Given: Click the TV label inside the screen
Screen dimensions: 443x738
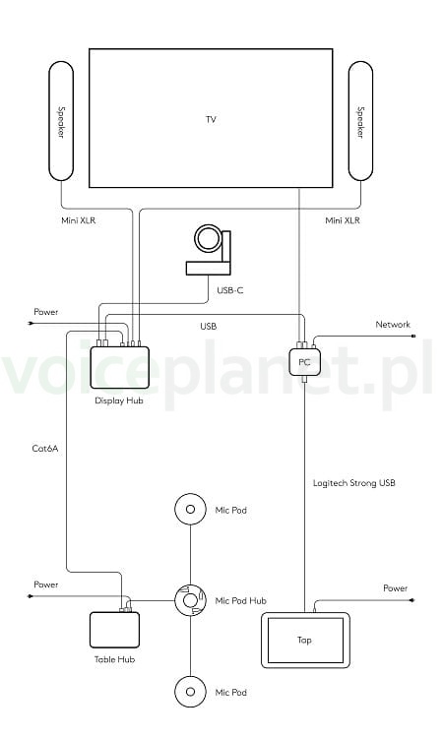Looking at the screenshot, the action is click(211, 119).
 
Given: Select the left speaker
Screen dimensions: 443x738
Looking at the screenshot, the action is click(61, 121).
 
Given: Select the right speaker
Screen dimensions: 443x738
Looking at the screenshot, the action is click(360, 121).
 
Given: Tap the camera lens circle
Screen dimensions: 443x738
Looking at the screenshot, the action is click(209, 239).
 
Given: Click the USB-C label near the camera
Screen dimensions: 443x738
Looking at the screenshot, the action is click(230, 290).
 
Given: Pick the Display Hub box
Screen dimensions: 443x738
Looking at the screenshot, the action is click(119, 368).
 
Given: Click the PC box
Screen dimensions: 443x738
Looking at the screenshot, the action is click(304, 361).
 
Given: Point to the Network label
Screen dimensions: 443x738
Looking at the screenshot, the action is click(393, 325).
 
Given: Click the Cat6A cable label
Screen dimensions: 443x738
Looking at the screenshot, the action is click(45, 448).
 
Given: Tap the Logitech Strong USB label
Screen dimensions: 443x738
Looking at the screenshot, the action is click(354, 483).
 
